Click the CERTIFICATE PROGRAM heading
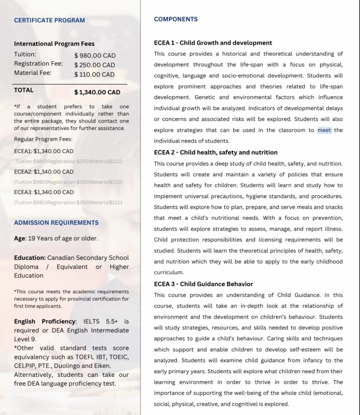tap(49, 20)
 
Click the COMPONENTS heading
tap(176, 19)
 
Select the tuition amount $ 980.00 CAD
tap(95, 56)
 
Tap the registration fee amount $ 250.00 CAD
tap(94, 65)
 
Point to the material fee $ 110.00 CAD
tap(94, 75)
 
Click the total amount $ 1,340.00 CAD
tap(97, 92)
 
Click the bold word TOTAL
tap(24, 90)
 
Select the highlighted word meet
tap(324, 130)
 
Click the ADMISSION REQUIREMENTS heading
tap(56, 222)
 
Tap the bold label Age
tap(19, 238)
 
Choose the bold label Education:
tap(30, 258)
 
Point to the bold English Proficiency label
tap(45, 321)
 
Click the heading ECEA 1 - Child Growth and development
tap(213, 43)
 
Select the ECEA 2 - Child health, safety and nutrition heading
tap(216, 152)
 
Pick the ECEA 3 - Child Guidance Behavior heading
tap(203, 284)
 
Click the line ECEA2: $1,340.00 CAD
tap(44, 172)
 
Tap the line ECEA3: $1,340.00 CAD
tap(44, 192)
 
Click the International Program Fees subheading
tap(54, 44)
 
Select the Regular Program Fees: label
tap(43, 139)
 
